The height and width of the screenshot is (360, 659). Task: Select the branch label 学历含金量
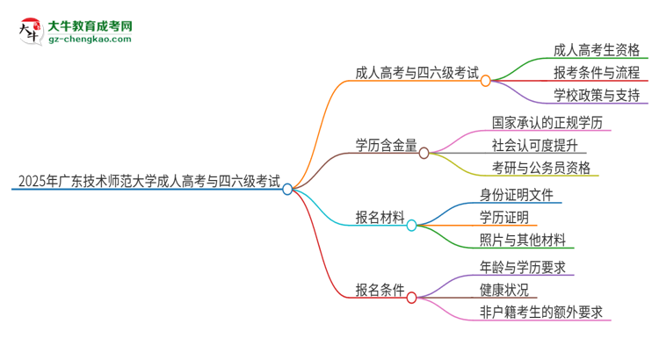(x=386, y=146)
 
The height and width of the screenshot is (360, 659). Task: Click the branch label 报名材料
(x=380, y=219)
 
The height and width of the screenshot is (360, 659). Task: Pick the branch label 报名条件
(x=380, y=291)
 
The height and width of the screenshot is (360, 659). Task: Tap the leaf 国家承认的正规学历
(x=547, y=120)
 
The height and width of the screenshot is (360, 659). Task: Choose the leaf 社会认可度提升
(x=539, y=144)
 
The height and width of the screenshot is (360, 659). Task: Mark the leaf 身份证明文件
(x=517, y=193)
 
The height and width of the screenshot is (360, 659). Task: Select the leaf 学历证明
(x=504, y=217)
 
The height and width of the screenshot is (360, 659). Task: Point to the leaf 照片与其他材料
(x=523, y=241)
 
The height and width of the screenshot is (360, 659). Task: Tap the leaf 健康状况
(x=504, y=289)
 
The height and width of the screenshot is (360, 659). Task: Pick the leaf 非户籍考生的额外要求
(x=540, y=313)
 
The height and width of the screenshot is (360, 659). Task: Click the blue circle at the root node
(x=287, y=189)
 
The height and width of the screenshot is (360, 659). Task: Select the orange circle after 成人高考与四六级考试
(x=485, y=80)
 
